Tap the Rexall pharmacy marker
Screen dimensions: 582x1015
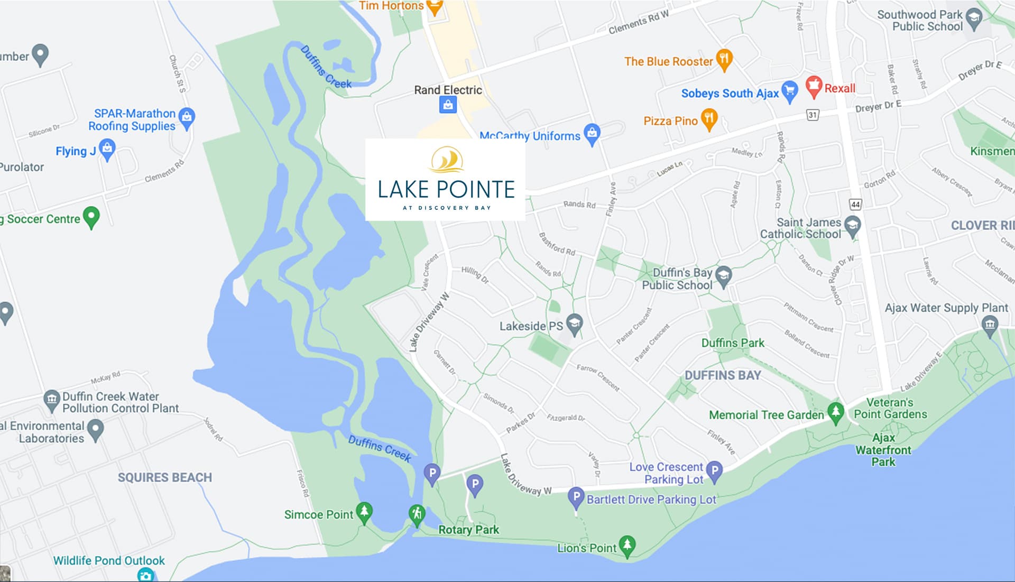pyautogui.click(x=814, y=86)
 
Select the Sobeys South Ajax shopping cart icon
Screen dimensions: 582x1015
pyautogui.click(x=789, y=91)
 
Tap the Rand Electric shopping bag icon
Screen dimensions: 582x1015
pyautogui.click(x=448, y=105)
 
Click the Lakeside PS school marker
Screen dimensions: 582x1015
pyautogui.click(x=574, y=324)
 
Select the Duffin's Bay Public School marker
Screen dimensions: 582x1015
pyautogui.click(x=723, y=275)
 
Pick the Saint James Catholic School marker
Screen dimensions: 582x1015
pyautogui.click(x=852, y=226)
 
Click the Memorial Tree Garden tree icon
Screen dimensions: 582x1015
pyautogui.click(x=835, y=412)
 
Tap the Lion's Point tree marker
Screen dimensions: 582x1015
pyautogui.click(x=627, y=545)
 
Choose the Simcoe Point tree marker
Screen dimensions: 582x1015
pyautogui.click(x=364, y=512)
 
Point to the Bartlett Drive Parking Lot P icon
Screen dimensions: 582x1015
pyautogui.click(x=576, y=497)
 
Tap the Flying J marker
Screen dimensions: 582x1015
pyautogui.click(x=107, y=149)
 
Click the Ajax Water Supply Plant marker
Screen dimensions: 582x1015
pyautogui.click(x=990, y=325)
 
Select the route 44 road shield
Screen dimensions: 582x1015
pyautogui.click(x=855, y=204)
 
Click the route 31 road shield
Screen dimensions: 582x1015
pyautogui.click(x=813, y=115)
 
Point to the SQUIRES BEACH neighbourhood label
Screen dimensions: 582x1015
pyautogui.click(x=164, y=477)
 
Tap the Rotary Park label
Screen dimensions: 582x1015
pyautogui.click(x=468, y=530)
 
